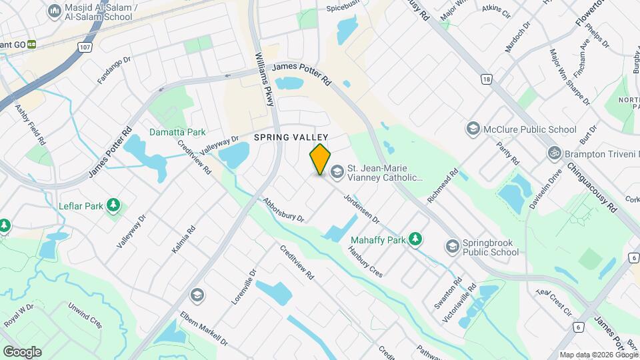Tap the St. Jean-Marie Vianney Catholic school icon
click(337, 173)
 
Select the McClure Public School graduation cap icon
click(473, 129)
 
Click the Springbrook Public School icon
click(453, 247)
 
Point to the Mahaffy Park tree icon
click(416, 238)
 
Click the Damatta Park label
click(177, 132)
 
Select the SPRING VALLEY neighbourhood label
click(280, 137)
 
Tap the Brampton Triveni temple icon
click(553, 153)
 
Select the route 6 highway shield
click(577, 327)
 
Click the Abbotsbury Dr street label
click(283, 209)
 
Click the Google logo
click(22, 351)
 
